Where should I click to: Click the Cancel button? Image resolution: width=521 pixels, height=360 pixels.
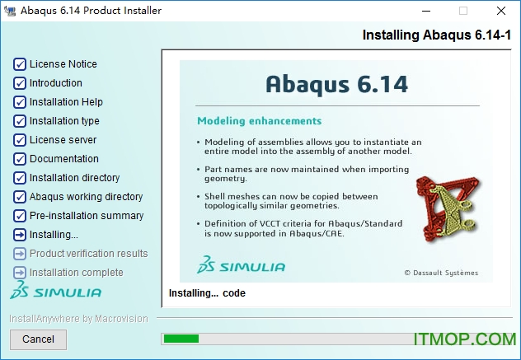pyautogui.click(x=38, y=339)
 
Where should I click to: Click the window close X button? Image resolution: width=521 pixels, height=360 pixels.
pyautogui.click(x=500, y=11)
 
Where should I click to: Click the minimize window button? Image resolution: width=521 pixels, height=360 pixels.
pyautogui.click(x=425, y=11)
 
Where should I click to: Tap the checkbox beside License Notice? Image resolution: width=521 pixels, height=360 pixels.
pyautogui.click(x=20, y=64)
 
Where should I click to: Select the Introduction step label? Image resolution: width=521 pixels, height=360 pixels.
pyautogui.click(x=56, y=83)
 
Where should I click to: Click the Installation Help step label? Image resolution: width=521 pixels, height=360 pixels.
pyautogui.click(x=66, y=102)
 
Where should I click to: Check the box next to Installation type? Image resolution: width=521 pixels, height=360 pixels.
pyautogui.click(x=20, y=121)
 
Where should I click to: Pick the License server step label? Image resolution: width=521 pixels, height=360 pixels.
pyautogui.click(x=63, y=140)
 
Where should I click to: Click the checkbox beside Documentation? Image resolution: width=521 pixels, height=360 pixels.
pyautogui.click(x=20, y=159)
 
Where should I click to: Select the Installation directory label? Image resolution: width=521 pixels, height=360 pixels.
pyautogui.click(x=74, y=178)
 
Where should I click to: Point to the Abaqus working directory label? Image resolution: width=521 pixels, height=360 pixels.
pyautogui.click(x=86, y=197)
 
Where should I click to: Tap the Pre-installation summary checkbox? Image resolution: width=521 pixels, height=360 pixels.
pyautogui.click(x=20, y=216)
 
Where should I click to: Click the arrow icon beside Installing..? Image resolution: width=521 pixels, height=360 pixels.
pyautogui.click(x=20, y=235)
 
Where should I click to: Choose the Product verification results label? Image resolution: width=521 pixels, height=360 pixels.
pyautogui.click(x=88, y=254)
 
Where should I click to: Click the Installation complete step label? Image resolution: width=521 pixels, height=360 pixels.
pyautogui.click(x=76, y=273)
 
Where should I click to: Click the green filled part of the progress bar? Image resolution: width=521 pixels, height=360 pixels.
pyautogui.click(x=181, y=339)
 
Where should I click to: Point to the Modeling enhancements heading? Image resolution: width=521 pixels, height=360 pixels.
pyautogui.click(x=259, y=121)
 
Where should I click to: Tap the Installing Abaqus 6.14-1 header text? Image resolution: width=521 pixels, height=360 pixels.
pyautogui.click(x=439, y=35)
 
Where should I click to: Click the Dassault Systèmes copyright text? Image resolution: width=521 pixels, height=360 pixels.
pyautogui.click(x=440, y=273)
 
